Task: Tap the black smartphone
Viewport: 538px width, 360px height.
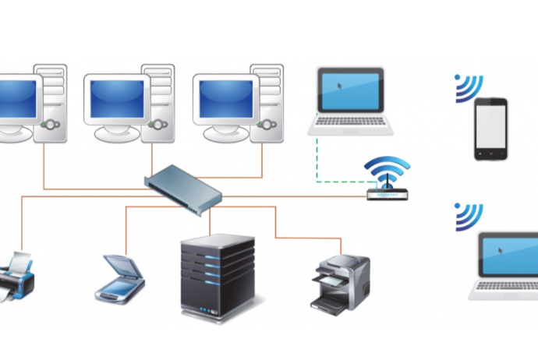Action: click(x=490, y=129)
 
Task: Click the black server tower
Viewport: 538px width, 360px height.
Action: click(x=218, y=277)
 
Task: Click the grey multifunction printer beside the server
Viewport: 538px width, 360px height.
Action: click(x=340, y=280)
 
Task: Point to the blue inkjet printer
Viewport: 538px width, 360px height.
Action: click(x=16, y=277)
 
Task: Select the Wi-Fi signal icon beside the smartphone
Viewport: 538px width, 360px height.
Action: click(x=469, y=88)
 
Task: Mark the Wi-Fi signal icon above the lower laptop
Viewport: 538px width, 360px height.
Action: click(x=469, y=216)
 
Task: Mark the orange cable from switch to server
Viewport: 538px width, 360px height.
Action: click(x=210, y=221)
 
